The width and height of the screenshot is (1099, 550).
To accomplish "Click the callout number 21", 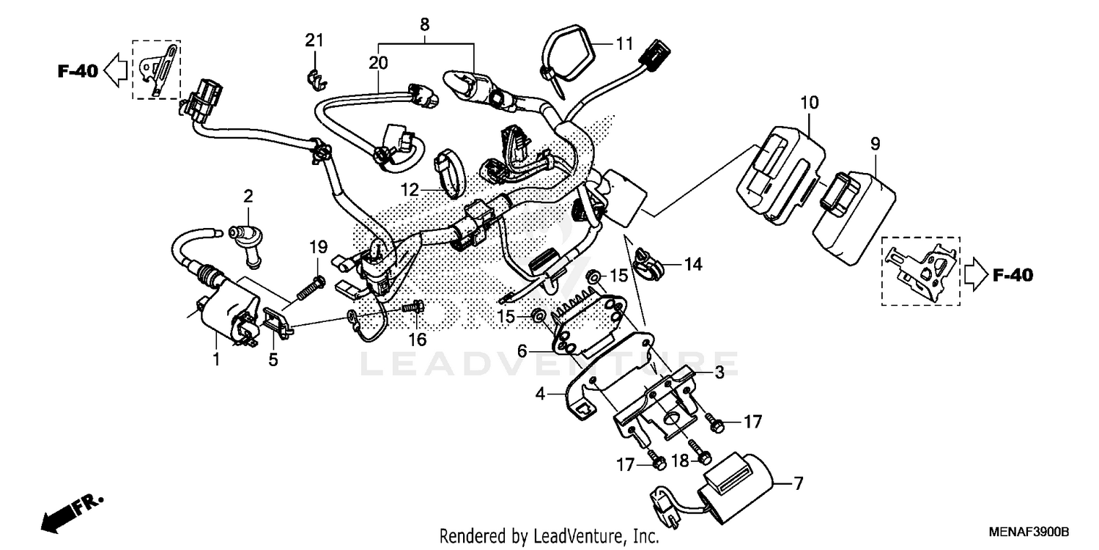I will point(314,40).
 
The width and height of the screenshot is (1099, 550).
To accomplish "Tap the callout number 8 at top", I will point(425,24).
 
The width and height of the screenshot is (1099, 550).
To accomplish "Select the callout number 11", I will point(623,44).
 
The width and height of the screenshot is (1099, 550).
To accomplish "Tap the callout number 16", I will point(418,340).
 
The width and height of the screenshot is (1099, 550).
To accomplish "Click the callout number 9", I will point(874,143).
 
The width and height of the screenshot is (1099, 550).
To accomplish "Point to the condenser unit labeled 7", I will point(735,485).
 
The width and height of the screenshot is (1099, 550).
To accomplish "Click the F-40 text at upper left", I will point(77,71).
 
